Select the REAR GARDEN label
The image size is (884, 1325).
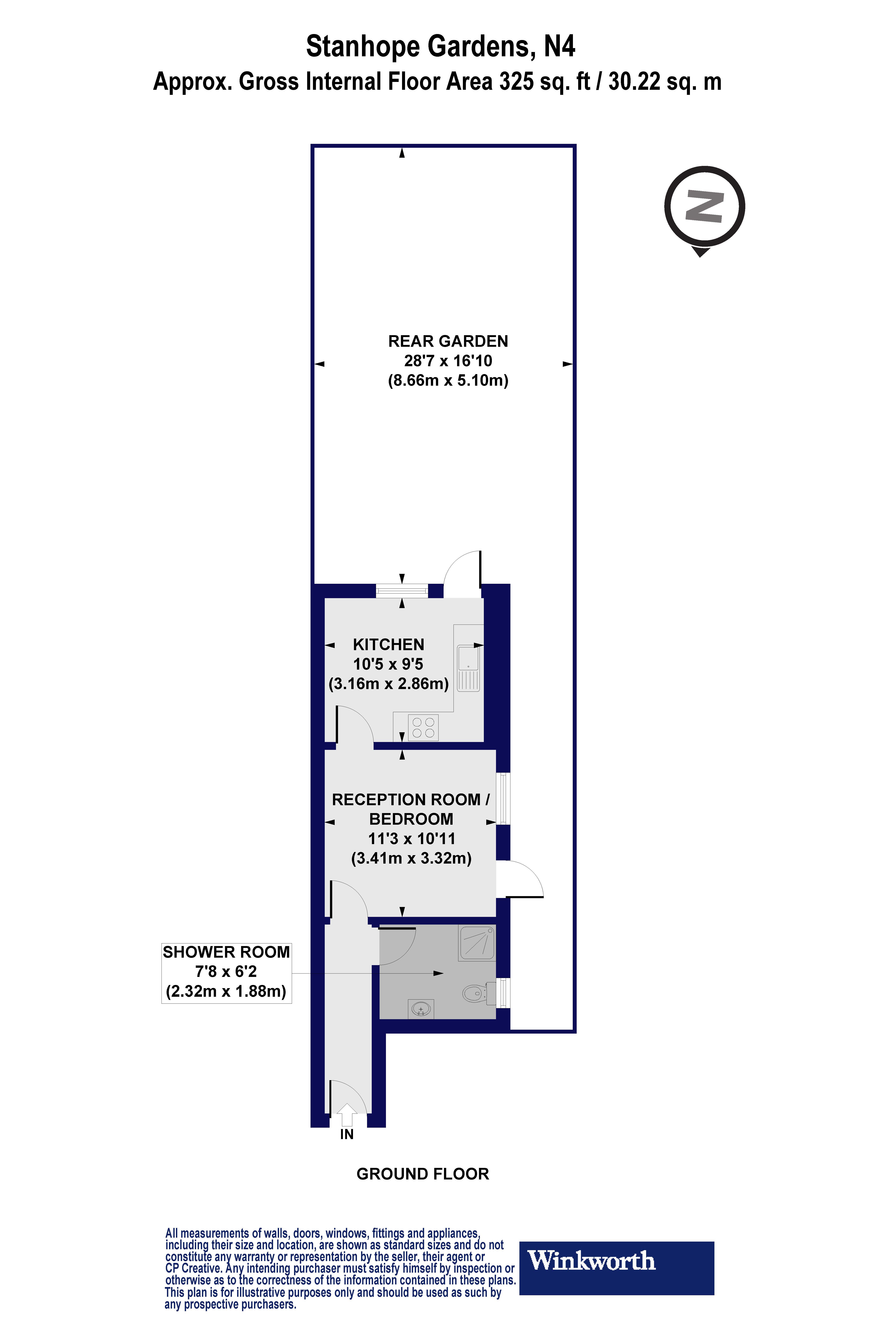click(x=448, y=341)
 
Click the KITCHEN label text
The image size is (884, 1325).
click(x=388, y=645)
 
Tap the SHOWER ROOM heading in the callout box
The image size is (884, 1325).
click(x=226, y=952)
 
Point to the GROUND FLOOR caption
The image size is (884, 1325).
click(x=423, y=1174)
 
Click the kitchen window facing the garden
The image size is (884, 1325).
click(x=402, y=591)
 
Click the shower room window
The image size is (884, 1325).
click(x=503, y=993)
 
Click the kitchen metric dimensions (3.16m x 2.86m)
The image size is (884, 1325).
click(x=388, y=684)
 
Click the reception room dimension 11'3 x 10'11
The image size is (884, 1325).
click(x=412, y=839)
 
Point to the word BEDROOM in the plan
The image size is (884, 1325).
click(x=412, y=819)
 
